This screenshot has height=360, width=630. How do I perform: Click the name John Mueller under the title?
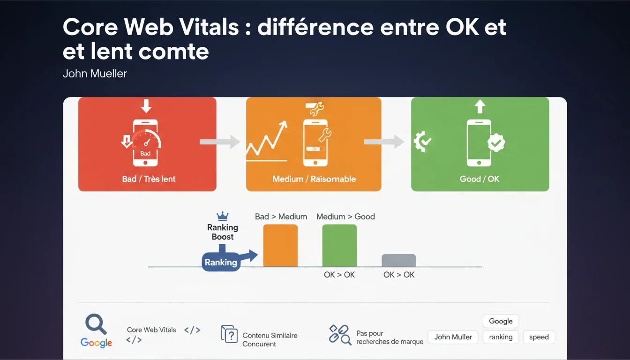point(95,74)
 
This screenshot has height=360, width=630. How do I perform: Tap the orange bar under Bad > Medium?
point(280,245)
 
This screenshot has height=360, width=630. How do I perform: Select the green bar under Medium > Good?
point(339,245)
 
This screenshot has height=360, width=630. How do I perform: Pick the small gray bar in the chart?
point(398,260)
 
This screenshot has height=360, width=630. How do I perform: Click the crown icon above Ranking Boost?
point(223,216)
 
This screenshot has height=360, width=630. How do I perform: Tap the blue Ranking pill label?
point(221,262)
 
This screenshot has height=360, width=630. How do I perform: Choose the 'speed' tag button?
point(539,337)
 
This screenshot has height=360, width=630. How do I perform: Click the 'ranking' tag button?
point(501,337)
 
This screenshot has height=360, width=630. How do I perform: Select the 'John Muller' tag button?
point(453,337)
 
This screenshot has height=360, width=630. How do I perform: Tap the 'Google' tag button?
point(501,321)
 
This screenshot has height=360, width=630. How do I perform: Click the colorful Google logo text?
point(96,343)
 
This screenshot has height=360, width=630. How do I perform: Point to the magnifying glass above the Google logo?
point(96,324)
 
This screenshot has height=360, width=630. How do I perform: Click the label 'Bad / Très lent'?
point(149,179)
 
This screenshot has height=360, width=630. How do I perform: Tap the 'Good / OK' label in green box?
point(480,179)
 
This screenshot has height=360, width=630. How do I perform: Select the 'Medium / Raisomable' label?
point(314,179)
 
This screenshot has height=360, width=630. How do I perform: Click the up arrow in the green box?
point(480,106)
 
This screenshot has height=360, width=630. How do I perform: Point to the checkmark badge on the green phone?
point(496,143)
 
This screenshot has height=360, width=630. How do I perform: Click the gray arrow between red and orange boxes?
point(220,142)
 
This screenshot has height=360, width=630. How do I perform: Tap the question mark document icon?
point(229,334)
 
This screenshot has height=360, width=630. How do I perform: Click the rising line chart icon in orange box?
point(267,141)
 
